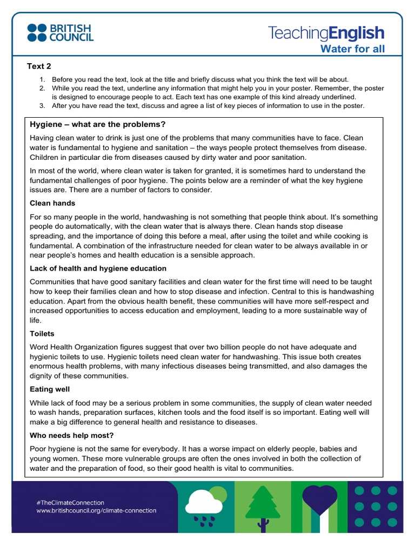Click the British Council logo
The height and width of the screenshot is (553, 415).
pos(60,32)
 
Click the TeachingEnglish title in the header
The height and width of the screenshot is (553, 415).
pos(326,33)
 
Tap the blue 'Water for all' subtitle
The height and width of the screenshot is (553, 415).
pos(353,50)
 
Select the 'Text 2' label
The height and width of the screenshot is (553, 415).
pos(39,66)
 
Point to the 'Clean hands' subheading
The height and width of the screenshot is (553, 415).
pos(52,203)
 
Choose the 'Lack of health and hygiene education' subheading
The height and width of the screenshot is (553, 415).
pos(98,268)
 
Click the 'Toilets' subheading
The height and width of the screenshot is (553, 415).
pos(42,334)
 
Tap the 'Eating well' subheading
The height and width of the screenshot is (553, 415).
pos(50,389)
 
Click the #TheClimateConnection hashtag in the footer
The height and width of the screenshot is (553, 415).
pos(70,502)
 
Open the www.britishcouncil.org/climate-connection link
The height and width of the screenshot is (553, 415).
pos(96,510)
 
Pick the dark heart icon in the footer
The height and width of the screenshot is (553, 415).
pos(319,500)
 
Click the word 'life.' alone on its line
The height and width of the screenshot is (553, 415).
pos(36,320)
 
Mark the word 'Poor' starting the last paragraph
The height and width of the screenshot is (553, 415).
pos(38,449)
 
